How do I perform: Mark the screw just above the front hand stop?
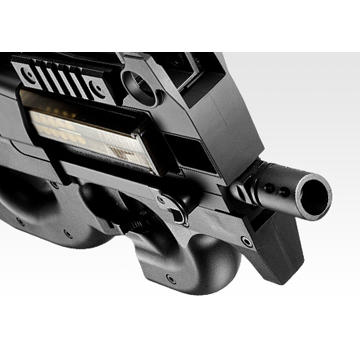point(246,241)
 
